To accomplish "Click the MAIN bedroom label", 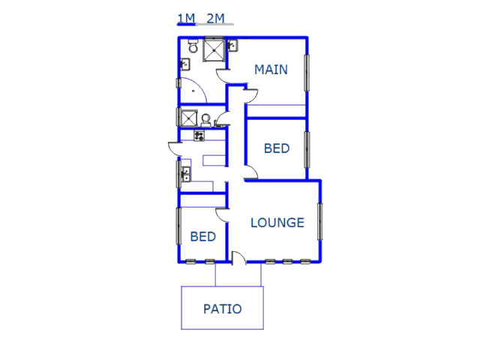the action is (271, 70).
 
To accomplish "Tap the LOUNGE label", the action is (277, 223).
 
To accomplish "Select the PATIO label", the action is (223, 309).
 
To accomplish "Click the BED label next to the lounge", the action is (203, 237).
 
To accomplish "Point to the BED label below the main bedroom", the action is (277, 148).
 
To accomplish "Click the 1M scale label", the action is (186, 18).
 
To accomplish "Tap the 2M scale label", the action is (215, 18).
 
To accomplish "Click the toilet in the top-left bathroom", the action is (193, 45).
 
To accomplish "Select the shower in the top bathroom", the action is (214, 49).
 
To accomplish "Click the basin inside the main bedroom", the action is (233, 46).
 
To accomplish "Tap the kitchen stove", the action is (199, 135).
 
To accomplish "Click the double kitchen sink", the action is (186, 174).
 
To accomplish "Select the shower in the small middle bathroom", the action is (189, 118).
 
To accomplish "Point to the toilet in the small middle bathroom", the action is (206, 120).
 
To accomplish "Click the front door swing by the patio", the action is (238, 258).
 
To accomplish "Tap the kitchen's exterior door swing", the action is (174, 149).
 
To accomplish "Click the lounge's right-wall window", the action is (320, 221).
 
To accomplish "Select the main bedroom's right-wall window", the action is (307, 73).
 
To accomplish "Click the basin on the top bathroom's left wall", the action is (185, 64).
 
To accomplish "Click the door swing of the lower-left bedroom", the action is (222, 215).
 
